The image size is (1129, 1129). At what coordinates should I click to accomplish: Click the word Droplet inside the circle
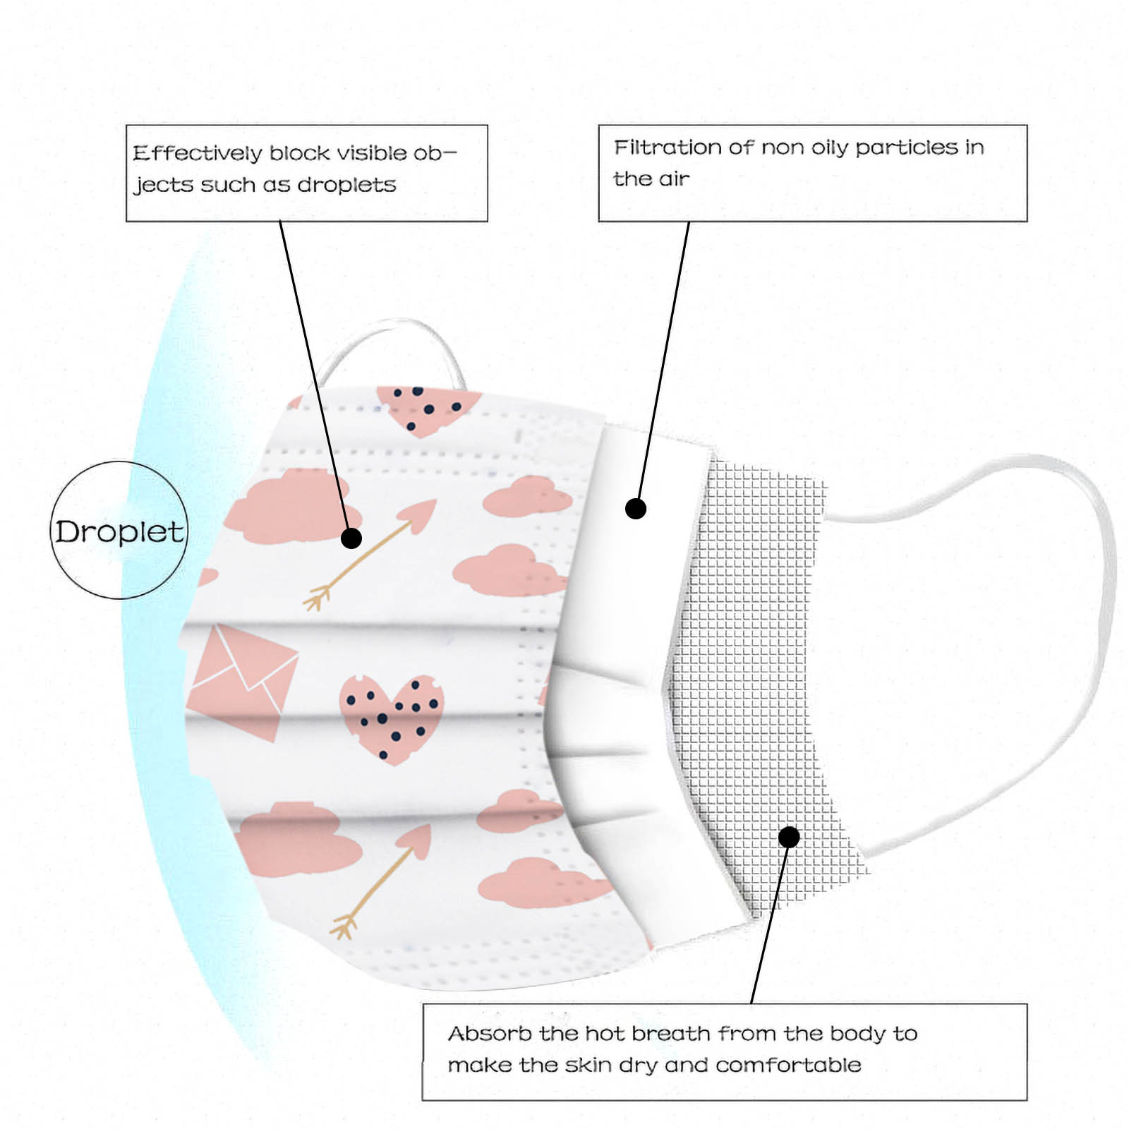[119, 532]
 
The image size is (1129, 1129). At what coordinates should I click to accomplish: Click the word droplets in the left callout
[346, 185]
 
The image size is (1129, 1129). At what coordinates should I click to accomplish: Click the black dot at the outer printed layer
[351, 538]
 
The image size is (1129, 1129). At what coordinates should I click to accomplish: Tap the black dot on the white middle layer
[636, 509]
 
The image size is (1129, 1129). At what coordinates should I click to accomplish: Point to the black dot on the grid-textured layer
[789, 838]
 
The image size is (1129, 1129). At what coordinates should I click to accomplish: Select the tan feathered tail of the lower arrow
[344, 925]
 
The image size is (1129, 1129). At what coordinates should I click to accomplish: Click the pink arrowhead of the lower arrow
[416, 840]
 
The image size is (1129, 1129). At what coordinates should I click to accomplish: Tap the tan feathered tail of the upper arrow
[317, 598]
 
